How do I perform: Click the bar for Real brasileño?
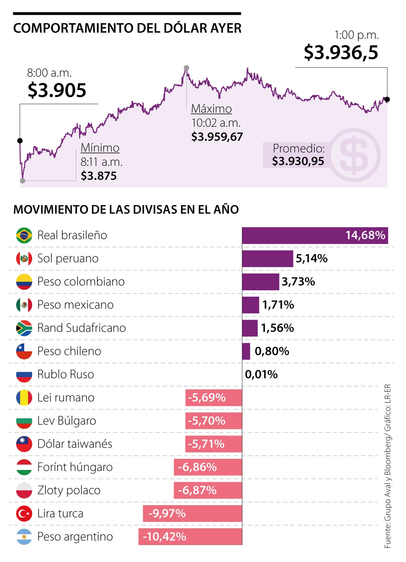coord(315,235)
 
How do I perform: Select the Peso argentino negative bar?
coord(190,537)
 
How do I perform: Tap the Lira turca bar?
coord(192,514)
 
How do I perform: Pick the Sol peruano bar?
coord(267,259)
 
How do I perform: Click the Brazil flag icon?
coord(24,235)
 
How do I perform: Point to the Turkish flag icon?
coord(24,514)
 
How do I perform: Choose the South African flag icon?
coord(24,328)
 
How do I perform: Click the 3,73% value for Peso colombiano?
coord(298,282)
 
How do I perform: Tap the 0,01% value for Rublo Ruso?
coord(261,375)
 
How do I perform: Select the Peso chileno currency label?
coord(69,351)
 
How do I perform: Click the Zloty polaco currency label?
coord(69,490)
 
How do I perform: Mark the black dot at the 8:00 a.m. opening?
coord(20,141)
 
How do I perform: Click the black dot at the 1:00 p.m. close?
coord(387,99)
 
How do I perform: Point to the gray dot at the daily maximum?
coord(186,68)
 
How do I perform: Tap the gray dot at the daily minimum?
coord(23,181)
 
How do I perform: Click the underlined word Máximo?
coord(211,109)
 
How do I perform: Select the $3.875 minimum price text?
coord(98,176)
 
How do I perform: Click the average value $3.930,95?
coord(298,161)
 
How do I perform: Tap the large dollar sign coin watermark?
coord(354,155)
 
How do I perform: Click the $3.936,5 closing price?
coord(341,52)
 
